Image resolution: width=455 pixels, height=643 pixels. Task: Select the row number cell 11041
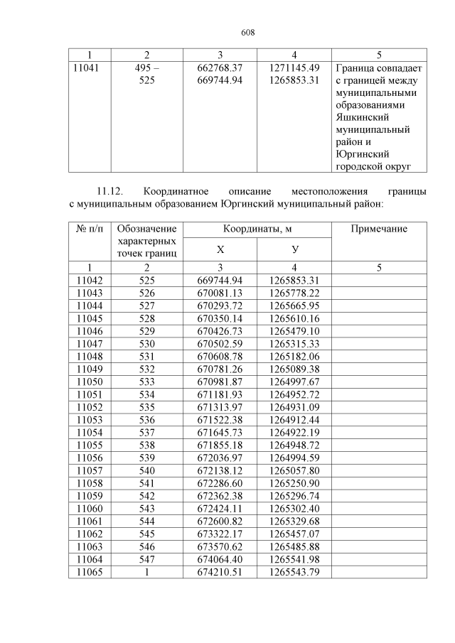[x=90, y=67]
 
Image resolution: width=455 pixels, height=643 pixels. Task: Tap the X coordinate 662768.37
[x=220, y=67]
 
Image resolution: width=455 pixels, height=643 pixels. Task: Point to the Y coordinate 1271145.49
[x=294, y=67]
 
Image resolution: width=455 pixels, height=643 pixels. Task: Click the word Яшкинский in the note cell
[x=359, y=117]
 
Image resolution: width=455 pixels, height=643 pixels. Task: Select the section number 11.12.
[x=109, y=191]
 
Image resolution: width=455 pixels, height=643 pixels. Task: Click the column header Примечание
[x=379, y=229]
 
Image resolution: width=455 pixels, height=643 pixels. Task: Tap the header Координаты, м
[x=257, y=229]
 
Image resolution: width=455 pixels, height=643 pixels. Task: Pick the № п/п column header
[x=90, y=229]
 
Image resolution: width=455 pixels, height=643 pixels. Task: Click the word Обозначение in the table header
[x=146, y=229]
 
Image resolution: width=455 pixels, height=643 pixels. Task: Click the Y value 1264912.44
[x=294, y=421]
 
